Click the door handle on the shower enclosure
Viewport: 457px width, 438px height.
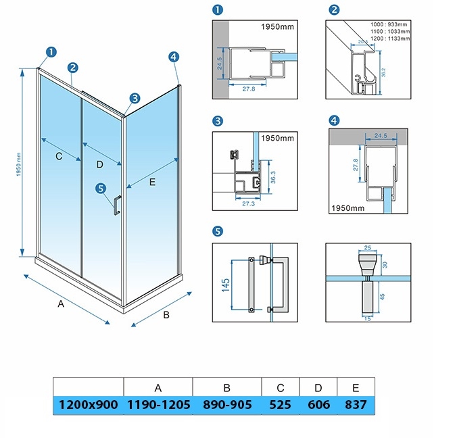point(117,204)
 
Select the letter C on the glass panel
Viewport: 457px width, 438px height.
point(59,157)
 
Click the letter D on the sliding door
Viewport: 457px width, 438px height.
point(99,164)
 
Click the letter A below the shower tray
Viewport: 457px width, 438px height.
point(61,304)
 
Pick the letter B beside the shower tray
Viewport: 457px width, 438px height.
point(166,314)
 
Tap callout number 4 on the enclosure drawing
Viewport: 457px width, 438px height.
point(174,57)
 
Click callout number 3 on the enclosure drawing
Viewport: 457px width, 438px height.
point(135,98)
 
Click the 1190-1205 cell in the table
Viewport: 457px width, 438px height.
point(158,404)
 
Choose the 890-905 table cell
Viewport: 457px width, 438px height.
point(227,404)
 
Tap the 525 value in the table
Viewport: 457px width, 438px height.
point(280,404)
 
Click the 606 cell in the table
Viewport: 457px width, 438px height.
point(318,404)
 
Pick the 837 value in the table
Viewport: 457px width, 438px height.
point(355,404)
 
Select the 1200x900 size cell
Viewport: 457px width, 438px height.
point(88,404)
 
